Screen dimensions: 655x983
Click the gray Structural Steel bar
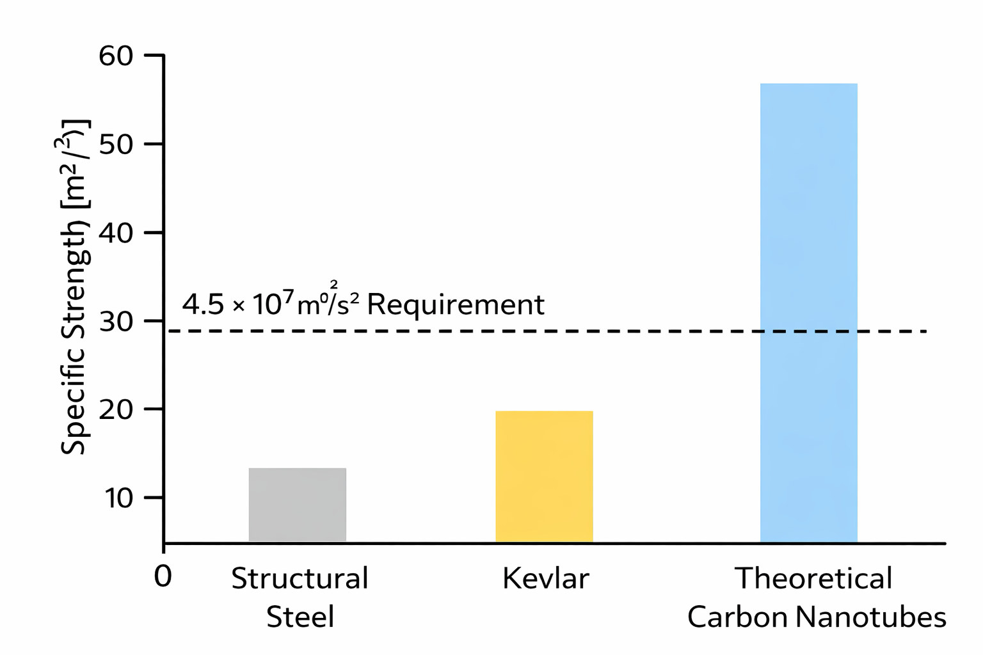click(x=297, y=505)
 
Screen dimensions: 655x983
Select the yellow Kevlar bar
click(x=544, y=477)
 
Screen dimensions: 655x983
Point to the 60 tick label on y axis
click(x=116, y=56)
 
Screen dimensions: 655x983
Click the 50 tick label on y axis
click(x=116, y=144)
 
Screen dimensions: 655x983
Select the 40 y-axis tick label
click(x=116, y=232)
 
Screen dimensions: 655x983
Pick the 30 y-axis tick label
click(x=116, y=321)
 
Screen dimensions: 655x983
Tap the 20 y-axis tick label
click(x=116, y=409)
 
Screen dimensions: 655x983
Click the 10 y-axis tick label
click(x=118, y=498)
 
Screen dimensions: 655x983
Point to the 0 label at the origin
click(x=163, y=577)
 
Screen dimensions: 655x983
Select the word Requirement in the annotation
click(x=455, y=305)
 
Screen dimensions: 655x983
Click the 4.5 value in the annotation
click(x=202, y=304)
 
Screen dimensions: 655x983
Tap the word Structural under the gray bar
click(x=300, y=579)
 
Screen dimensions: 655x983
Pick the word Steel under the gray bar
click(x=300, y=617)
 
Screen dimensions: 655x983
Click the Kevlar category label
click(x=545, y=579)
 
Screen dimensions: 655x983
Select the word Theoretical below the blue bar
click(x=813, y=579)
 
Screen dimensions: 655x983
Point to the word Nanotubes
click(x=871, y=617)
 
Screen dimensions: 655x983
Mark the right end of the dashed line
click(x=925, y=331)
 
